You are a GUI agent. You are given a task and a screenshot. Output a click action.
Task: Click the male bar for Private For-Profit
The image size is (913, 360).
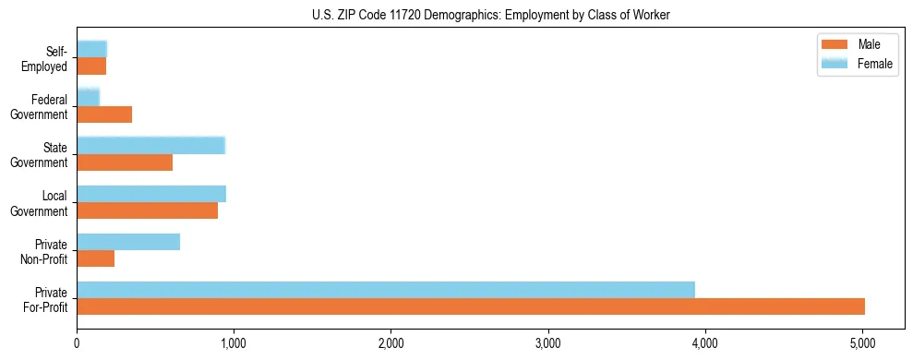pyautogui.click(x=471, y=306)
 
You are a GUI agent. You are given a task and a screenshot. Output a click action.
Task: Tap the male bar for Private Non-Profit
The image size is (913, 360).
pyautogui.click(x=96, y=259)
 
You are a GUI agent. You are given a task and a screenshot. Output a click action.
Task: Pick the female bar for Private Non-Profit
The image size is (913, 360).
pyautogui.click(x=128, y=242)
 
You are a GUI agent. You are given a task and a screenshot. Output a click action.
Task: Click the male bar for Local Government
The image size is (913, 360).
pyautogui.click(x=148, y=210)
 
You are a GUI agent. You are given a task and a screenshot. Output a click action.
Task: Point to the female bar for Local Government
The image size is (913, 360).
pyautogui.click(x=151, y=194)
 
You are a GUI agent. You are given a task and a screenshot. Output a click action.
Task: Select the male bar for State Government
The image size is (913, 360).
pyautogui.click(x=125, y=162)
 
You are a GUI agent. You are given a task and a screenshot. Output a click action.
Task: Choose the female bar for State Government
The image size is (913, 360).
pyautogui.click(x=151, y=146)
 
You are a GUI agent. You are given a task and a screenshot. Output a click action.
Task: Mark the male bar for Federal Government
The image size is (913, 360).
pyautogui.click(x=104, y=114)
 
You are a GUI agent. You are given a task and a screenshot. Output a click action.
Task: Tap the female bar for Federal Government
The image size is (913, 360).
pyautogui.click(x=89, y=98)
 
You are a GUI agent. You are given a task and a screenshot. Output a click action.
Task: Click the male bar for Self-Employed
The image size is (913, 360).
pyautogui.click(x=91, y=66)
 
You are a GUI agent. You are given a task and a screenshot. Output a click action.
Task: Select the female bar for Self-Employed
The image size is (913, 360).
pyautogui.click(x=92, y=49)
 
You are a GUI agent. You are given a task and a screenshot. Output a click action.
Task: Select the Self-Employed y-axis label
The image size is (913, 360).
pyautogui.click(x=47, y=58)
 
